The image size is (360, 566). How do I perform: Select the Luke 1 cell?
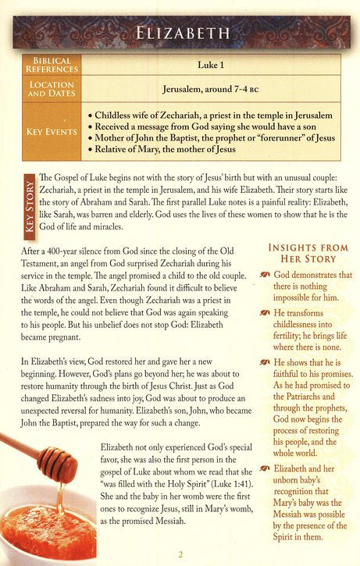pos(205,65)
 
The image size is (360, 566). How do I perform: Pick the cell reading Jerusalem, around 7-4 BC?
pos(205,89)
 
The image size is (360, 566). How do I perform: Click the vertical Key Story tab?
pos(29,203)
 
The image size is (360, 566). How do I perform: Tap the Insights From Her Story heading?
pos(302,253)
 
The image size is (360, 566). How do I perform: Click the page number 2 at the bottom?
pos(180,555)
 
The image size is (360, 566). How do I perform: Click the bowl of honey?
pos(47,531)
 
